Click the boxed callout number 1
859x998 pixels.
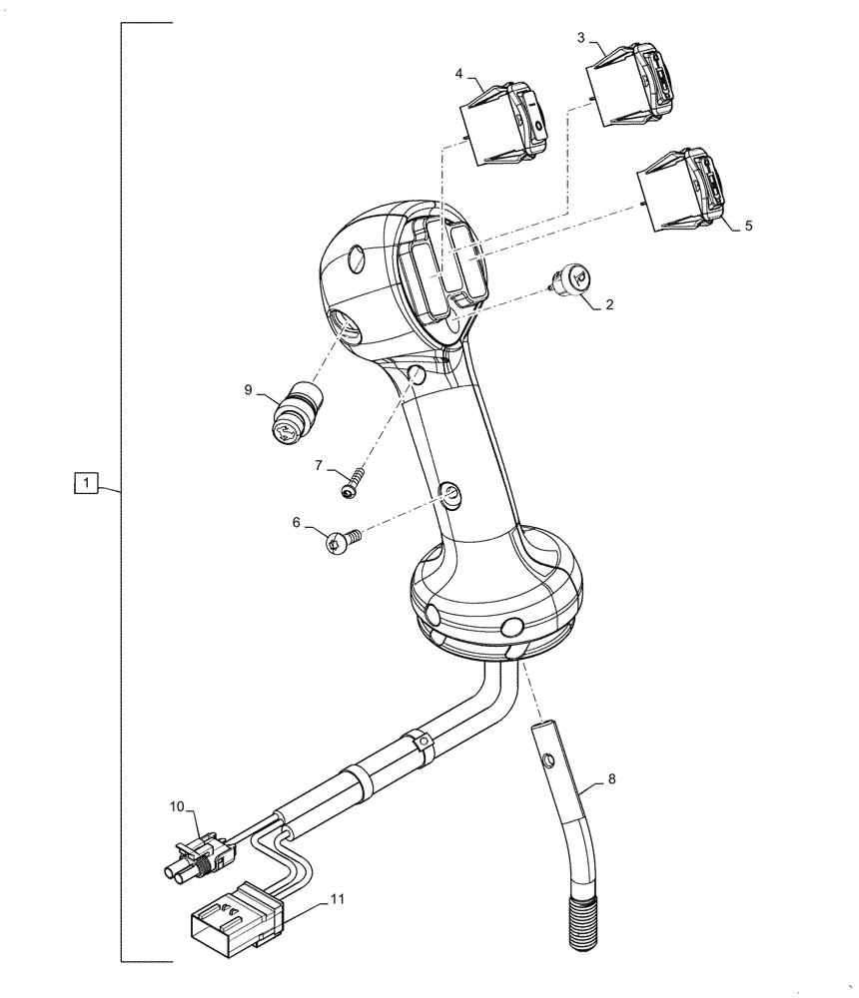click(88, 485)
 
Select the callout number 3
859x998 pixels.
click(581, 37)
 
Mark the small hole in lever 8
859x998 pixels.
click(548, 761)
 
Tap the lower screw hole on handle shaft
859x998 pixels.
click(450, 492)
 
